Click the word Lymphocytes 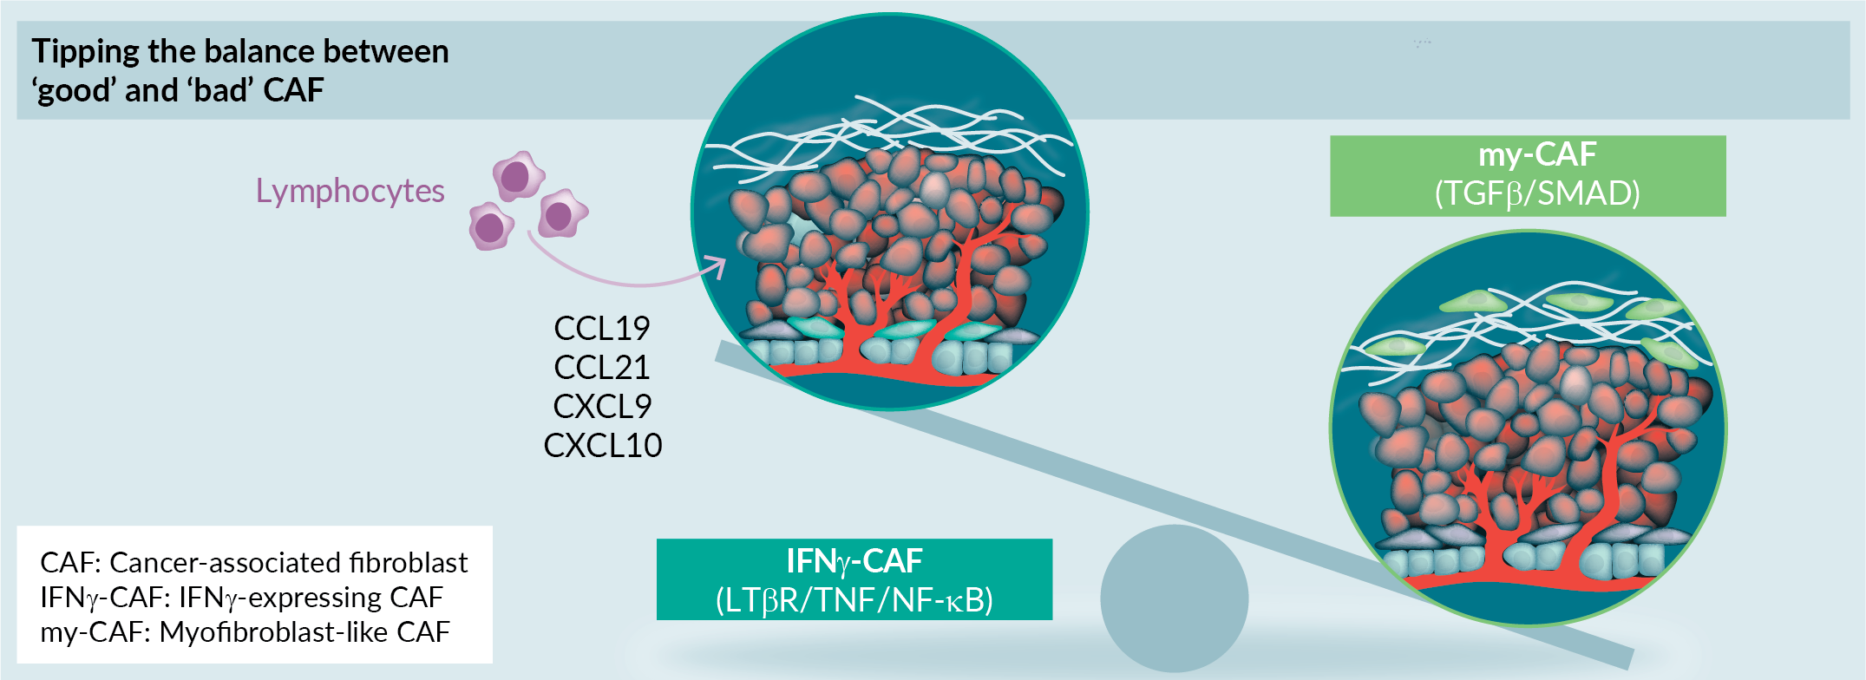pyautogui.click(x=350, y=192)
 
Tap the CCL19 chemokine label pyautogui.click(x=602, y=328)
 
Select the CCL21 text pyautogui.click(x=602, y=367)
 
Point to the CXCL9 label pyautogui.click(x=602, y=406)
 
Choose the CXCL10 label pyautogui.click(x=603, y=445)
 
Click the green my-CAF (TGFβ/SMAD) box pyautogui.click(x=1528, y=175)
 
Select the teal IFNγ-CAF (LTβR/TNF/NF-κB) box pyautogui.click(x=854, y=579)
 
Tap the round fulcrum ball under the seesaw pyautogui.click(x=1174, y=598)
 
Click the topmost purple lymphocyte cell pyautogui.click(x=518, y=176)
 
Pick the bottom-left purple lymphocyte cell pyautogui.click(x=491, y=226)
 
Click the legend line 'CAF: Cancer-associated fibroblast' pyautogui.click(x=253, y=563)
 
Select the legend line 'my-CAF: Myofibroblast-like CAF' pyautogui.click(x=245, y=632)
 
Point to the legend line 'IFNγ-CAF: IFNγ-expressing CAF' pyautogui.click(x=241, y=598)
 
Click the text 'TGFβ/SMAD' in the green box pyautogui.click(x=1537, y=193)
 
